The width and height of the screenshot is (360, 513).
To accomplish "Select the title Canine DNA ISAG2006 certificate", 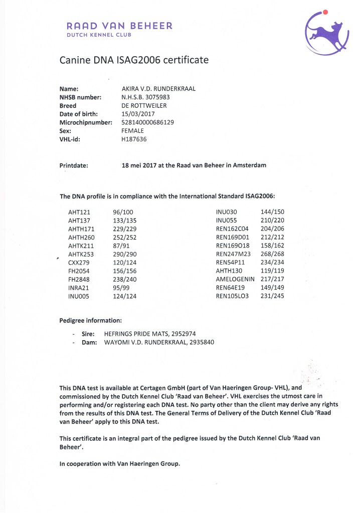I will [x=134, y=60].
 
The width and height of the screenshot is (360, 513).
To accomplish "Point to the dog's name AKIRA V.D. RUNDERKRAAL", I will [x=158, y=89].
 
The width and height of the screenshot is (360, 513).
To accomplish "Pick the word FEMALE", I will [x=132, y=131].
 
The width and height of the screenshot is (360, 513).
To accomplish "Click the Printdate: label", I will [x=74, y=165].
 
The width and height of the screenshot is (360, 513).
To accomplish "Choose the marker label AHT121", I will [x=79, y=212].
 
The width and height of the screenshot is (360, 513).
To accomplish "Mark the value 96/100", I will [x=123, y=212].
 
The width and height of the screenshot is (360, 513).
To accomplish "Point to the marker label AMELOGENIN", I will [x=235, y=279].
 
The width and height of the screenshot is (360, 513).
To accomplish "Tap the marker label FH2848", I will [x=78, y=279].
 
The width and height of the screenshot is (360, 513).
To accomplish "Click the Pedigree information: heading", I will [x=90, y=320].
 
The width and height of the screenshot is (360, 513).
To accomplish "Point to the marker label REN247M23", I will [x=233, y=254].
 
